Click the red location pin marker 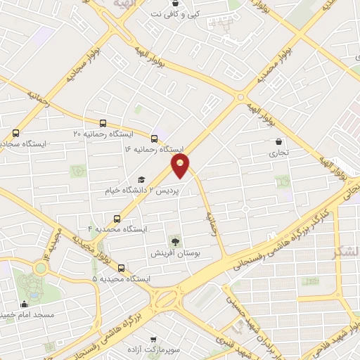coord(181,166)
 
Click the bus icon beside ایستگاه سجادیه coord(16,132)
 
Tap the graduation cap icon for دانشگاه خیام coord(141,179)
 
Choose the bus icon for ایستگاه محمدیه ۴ coord(117,217)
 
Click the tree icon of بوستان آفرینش coord(173,239)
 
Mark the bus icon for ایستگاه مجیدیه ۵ coord(122,268)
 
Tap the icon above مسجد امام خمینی coord(25,304)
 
